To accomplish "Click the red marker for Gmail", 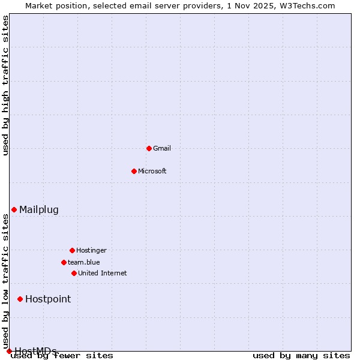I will pos(149,148).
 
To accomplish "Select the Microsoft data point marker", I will pos(134,171).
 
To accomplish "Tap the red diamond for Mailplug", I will pos(14,209).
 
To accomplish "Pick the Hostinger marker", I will pos(72,250).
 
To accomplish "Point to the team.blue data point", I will pos(64,262).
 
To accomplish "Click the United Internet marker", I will pos(74,273).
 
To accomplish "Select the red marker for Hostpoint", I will pos(20,299).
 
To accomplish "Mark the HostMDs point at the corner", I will pos(9,351).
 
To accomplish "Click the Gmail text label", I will pos(162,148).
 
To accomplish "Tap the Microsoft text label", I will pos(152,171).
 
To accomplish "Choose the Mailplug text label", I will pos(39,209).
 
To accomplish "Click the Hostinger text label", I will pos(91,250).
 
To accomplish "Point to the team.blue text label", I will pos(84,262).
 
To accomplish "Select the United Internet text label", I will pos(103,273).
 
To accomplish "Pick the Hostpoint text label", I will pos(48,299).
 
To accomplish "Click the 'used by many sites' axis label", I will pos(301,356).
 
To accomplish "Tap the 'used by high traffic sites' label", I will pos(6,85).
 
